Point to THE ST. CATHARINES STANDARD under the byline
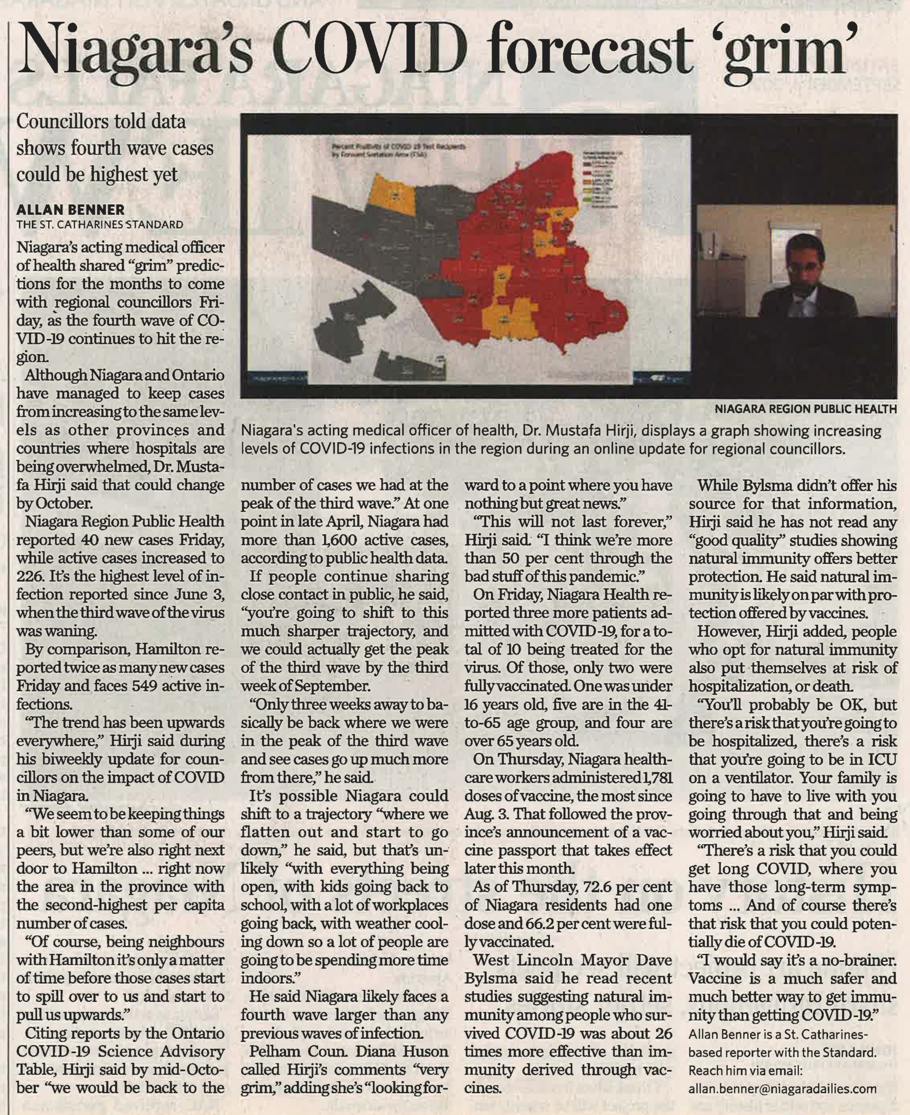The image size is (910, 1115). [100, 224]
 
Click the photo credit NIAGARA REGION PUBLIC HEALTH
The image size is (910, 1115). [806, 408]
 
